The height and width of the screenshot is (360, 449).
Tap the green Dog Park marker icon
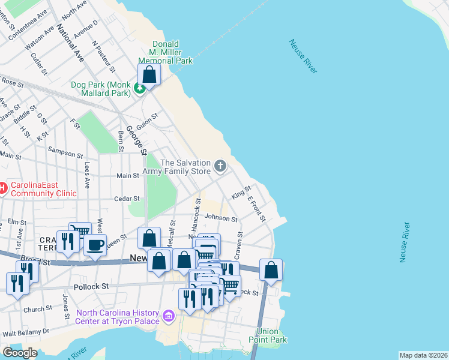140,89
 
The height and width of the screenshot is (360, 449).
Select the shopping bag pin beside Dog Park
149,76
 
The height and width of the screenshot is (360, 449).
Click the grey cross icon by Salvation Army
220,166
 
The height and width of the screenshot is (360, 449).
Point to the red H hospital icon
2,188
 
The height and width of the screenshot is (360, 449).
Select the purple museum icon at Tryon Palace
168,316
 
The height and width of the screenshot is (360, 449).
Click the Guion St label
146,121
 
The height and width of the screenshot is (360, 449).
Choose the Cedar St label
127,198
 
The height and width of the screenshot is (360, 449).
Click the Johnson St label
221,218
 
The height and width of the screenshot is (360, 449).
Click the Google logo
20,353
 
